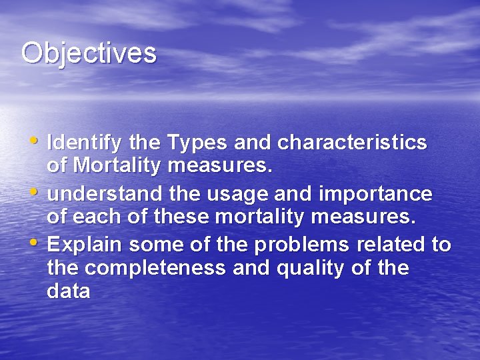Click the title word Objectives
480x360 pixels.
pos(89,53)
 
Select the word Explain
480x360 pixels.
pos(85,245)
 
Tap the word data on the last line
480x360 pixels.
pos(69,291)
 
